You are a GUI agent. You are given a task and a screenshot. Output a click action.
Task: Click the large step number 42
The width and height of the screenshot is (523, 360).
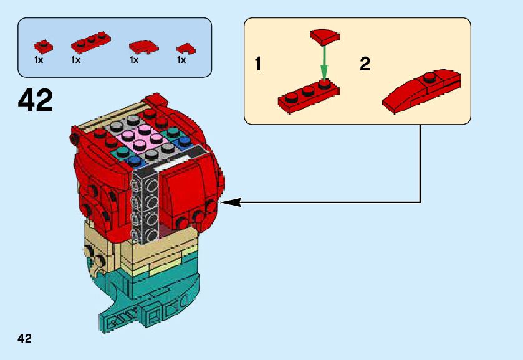point(36,100)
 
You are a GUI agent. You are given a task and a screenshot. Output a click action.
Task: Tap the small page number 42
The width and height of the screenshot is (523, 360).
point(25,338)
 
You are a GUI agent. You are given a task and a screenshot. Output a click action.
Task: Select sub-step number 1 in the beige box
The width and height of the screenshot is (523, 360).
point(257,65)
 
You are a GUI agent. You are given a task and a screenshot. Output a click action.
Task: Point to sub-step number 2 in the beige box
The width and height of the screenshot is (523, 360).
point(365,64)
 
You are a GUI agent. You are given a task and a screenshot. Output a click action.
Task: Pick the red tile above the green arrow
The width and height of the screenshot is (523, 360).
point(324,37)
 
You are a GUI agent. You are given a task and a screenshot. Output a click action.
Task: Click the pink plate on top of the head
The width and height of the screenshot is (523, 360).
point(141,138)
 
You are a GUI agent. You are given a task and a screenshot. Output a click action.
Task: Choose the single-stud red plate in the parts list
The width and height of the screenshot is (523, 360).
point(42,45)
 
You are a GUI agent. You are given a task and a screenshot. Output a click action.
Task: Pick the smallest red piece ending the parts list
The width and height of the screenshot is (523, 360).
point(183,47)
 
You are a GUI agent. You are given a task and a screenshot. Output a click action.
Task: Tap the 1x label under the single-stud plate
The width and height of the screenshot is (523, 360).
point(39,60)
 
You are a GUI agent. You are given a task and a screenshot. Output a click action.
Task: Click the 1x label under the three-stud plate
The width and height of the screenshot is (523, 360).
point(76,60)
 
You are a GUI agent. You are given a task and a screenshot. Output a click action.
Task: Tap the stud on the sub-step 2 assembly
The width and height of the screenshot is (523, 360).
point(428,78)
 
